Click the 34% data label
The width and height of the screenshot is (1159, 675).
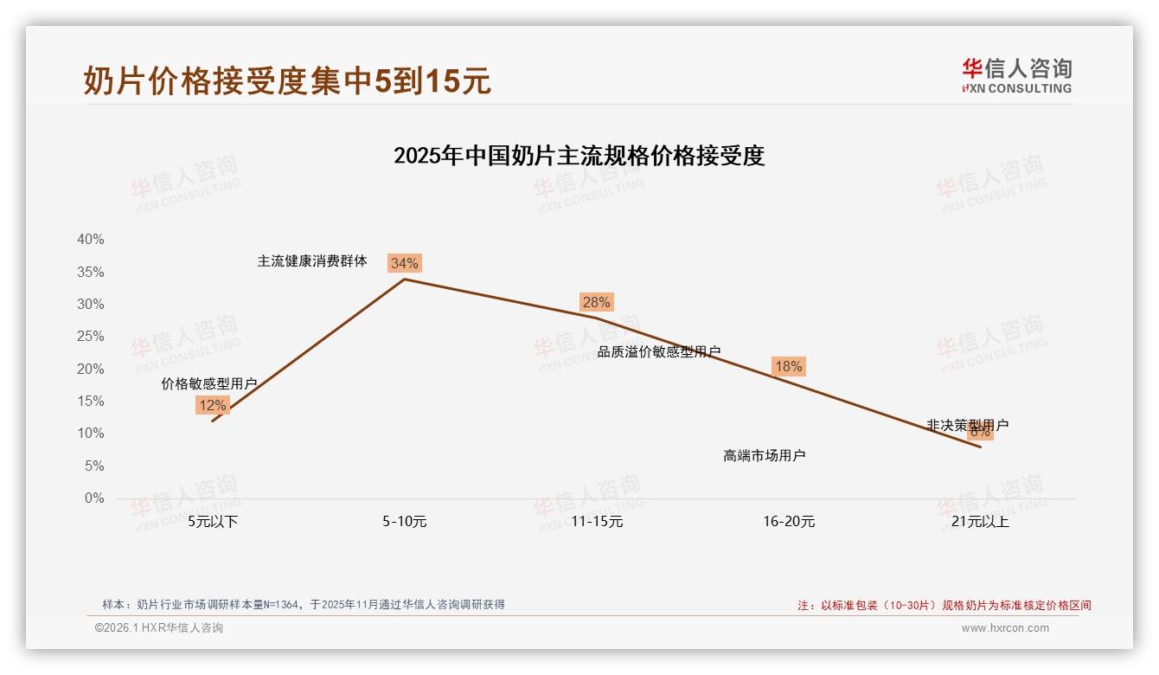(x=404, y=263)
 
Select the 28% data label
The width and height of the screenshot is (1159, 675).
(x=596, y=302)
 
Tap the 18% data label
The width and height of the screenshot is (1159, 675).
(x=788, y=366)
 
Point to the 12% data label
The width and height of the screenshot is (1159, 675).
(x=212, y=405)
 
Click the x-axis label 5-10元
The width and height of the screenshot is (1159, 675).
(x=405, y=522)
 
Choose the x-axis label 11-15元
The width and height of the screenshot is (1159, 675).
(x=597, y=522)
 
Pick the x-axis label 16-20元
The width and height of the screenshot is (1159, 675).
(x=789, y=522)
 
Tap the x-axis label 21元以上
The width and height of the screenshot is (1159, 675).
(x=980, y=522)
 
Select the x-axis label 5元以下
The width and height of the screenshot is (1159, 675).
(x=213, y=522)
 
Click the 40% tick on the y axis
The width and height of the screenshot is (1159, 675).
(x=91, y=240)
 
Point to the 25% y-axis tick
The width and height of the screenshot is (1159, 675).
(x=91, y=337)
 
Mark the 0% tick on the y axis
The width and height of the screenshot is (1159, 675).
(x=94, y=498)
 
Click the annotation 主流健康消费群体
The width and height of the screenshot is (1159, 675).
(x=312, y=261)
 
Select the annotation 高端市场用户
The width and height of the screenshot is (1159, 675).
(x=765, y=455)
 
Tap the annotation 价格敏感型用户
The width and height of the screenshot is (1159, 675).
(x=209, y=383)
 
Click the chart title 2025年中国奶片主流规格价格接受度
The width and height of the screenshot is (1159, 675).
(x=579, y=157)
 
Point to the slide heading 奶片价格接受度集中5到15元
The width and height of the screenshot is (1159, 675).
(x=287, y=80)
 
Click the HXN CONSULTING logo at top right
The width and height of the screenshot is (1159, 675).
(x=1016, y=75)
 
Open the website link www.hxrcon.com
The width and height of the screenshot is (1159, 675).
(x=1005, y=628)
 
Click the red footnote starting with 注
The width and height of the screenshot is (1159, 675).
(x=944, y=606)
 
